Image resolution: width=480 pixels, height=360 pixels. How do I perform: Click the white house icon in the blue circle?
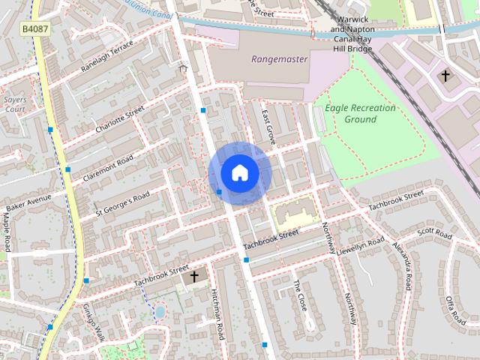239,173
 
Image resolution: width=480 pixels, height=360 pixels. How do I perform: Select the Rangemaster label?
279,59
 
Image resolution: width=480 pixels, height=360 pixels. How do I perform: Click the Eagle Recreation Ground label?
360,114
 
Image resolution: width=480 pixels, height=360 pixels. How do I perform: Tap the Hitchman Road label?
217,314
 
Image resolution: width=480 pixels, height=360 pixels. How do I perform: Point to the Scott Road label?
436,235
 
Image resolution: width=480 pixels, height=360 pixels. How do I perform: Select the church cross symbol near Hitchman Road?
194,277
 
